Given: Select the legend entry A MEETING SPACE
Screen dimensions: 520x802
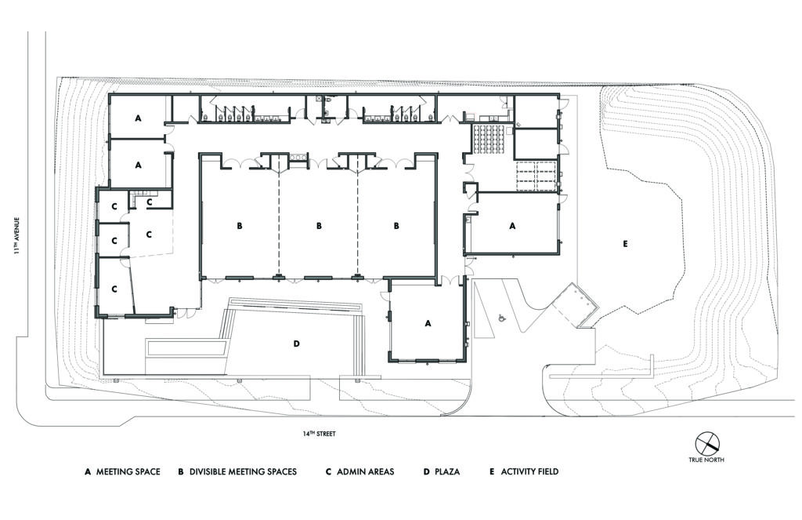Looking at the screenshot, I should point(122,472).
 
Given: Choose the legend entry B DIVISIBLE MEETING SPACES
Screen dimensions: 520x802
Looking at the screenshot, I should point(237,472).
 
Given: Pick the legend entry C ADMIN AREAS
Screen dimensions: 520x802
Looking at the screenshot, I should point(359,472).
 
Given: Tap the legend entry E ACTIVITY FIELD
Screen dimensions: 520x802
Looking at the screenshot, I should point(524,472).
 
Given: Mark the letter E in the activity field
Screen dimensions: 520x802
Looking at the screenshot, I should point(625,245).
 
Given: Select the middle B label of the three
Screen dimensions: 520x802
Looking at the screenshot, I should point(319,225).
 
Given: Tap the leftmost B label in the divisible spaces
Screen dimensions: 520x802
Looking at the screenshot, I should point(240,225).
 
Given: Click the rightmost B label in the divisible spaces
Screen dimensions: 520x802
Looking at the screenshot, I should point(396,225).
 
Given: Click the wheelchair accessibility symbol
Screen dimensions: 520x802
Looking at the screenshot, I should point(502,318).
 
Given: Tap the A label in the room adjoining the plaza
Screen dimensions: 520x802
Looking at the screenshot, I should point(428,322).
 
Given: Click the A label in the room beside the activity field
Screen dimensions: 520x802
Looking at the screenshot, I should point(513,225).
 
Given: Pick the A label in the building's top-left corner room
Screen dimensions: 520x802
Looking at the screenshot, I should point(138,118).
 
